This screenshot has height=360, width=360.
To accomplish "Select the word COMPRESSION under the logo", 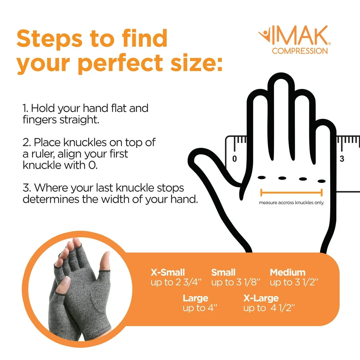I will tap(300, 51).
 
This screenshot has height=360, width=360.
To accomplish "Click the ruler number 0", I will tap(234, 158).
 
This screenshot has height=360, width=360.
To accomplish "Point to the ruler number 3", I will tap(342, 158).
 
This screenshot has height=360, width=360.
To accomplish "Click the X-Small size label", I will tap(167, 273).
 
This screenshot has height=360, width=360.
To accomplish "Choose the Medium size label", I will tap(287, 273).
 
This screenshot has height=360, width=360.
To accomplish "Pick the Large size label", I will tap(195, 298).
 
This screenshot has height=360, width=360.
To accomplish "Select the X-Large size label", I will tap(261, 298).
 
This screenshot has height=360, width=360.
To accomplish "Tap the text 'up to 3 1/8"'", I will tap(235, 283).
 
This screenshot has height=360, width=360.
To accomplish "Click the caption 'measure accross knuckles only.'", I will tap(291, 203).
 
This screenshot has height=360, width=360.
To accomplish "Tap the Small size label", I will tap(223, 273).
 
